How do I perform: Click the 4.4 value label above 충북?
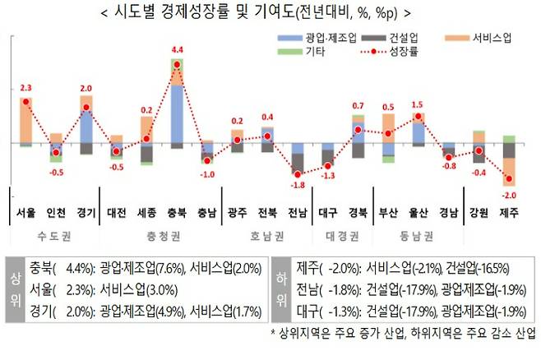(x=177, y=50)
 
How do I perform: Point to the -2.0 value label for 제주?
(x=509, y=195)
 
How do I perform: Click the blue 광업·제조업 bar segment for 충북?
(x=177, y=113)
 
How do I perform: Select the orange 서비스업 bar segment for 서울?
(x=25, y=120)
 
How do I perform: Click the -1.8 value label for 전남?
(x=297, y=186)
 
